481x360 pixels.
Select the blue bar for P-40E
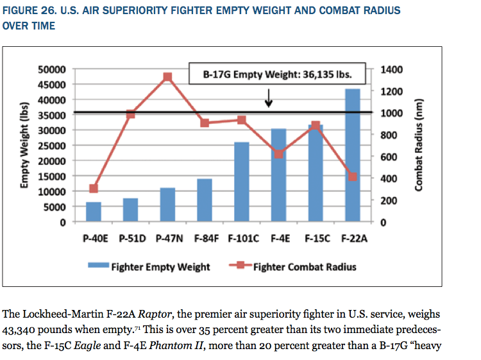click(94, 212)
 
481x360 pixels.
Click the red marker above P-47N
click(167, 77)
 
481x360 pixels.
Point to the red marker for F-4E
click(278, 154)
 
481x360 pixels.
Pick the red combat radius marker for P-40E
click(94, 189)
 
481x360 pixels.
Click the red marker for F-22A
click(352, 176)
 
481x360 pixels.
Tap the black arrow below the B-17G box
click(269, 98)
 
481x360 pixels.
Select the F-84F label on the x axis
click(205, 238)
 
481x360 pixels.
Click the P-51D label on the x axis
click(131, 238)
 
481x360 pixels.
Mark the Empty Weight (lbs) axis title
click(26, 144)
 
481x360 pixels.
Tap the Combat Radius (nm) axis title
click(420, 144)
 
